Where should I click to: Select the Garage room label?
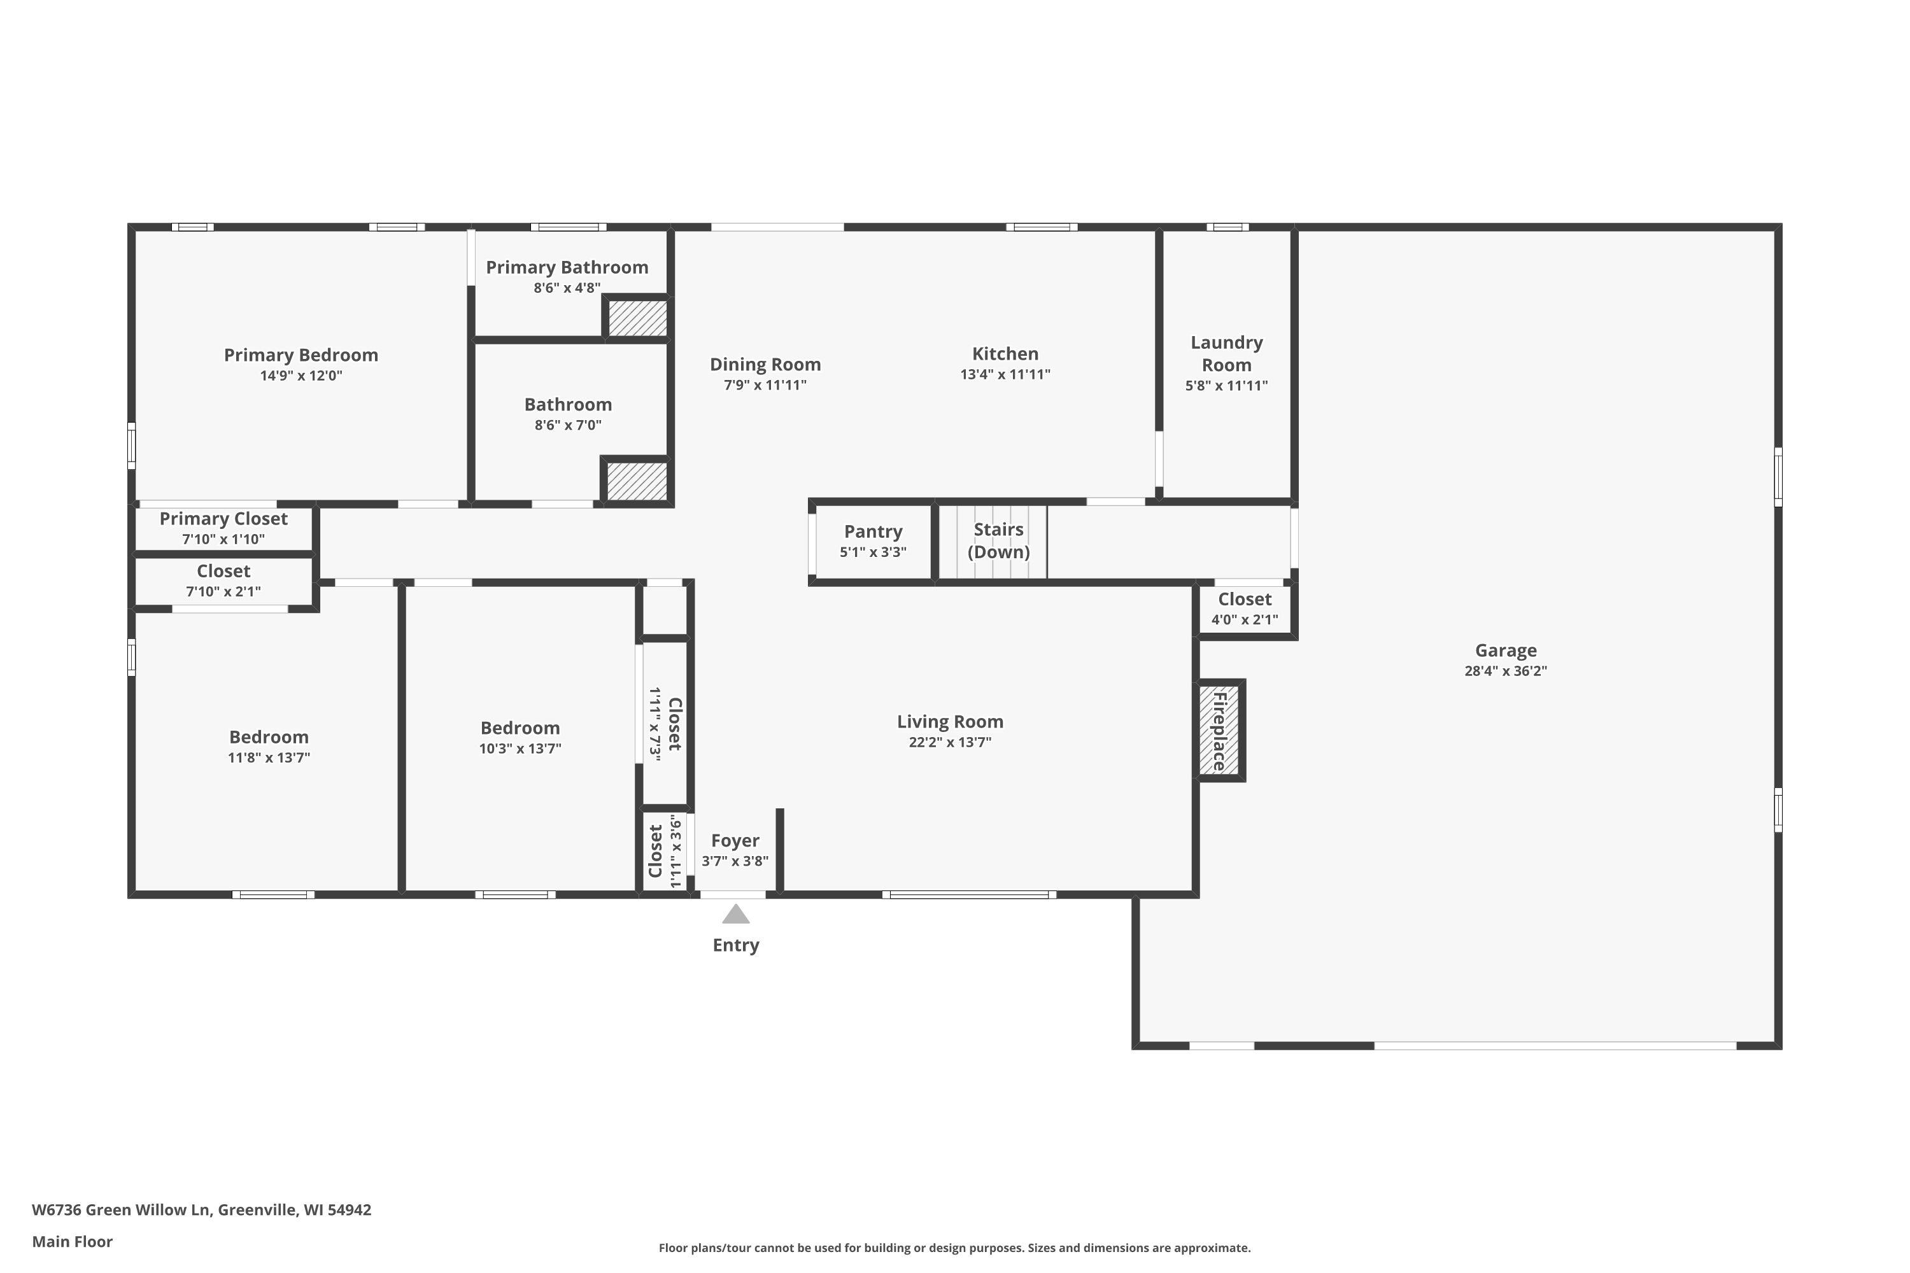1506,651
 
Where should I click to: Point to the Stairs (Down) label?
998,540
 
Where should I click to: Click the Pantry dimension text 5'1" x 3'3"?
873,552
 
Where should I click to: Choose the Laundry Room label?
1226,354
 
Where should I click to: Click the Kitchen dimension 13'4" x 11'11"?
1005,374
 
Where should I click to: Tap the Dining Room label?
765,365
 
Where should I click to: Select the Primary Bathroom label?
567,267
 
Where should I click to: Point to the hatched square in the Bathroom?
637,481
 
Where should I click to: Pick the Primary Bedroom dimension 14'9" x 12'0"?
301,376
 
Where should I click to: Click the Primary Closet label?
223,519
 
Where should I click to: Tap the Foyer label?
735,841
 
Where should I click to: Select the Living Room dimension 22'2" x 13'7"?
950,742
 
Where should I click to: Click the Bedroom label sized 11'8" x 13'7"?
269,737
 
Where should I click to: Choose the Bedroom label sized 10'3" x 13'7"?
520,728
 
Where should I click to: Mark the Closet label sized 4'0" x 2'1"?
1245,599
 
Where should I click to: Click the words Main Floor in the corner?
73,1241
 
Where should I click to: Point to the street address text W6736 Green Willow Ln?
121,1210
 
